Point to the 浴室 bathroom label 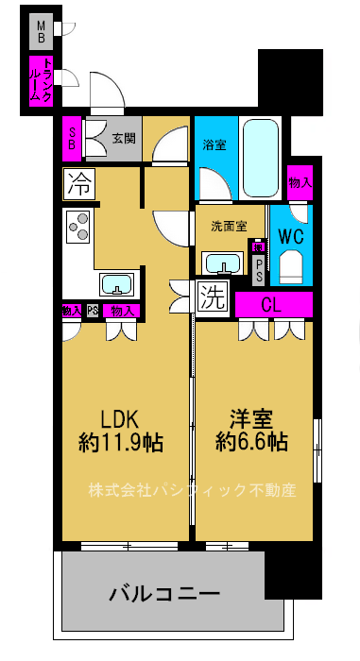pyautogui.click(x=214, y=144)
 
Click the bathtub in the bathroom pyautogui.click(x=261, y=154)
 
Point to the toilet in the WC pyautogui.click(x=290, y=266)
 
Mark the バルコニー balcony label pyautogui.click(x=164, y=594)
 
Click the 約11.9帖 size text pyautogui.click(x=120, y=440)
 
